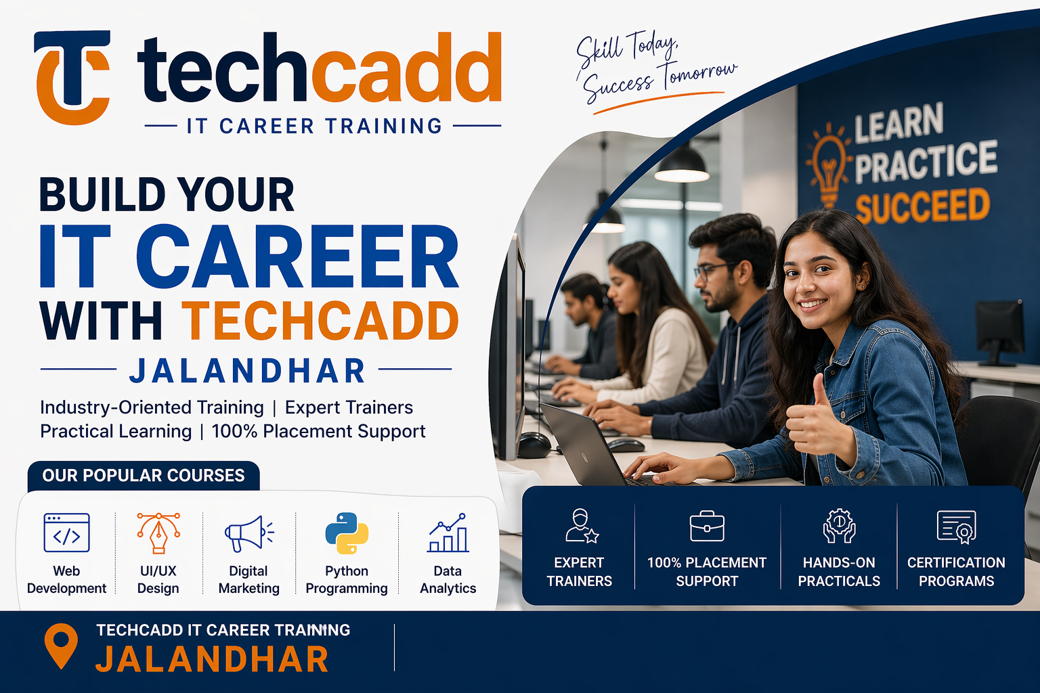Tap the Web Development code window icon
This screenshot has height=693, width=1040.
click(66, 533)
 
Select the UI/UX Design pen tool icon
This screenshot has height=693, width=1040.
click(158, 533)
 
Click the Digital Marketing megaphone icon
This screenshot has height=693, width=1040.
click(248, 533)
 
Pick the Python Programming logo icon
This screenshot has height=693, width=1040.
click(347, 533)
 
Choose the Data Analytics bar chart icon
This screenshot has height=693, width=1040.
click(448, 533)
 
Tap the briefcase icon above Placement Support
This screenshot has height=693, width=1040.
click(707, 526)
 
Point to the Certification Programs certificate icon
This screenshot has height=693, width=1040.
click(956, 527)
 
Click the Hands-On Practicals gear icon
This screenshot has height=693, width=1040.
click(839, 526)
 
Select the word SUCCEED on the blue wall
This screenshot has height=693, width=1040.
click(922, 206)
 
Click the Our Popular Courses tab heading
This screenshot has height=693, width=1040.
click(144, 476)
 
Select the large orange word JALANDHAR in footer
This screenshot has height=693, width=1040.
click(212, 660)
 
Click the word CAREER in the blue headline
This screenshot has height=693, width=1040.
click(298, 257)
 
